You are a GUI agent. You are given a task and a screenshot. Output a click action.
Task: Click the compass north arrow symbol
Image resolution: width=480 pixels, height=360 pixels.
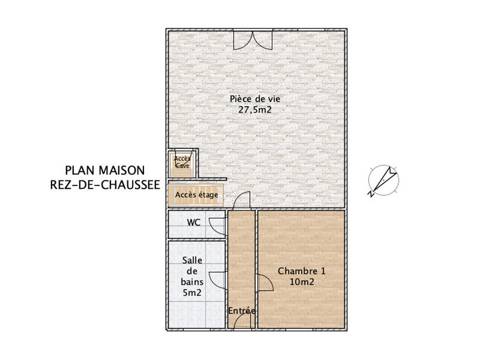click(x=383, y=181)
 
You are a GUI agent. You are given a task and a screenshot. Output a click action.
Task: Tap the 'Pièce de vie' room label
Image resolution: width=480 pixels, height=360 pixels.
click(x=255, y=99)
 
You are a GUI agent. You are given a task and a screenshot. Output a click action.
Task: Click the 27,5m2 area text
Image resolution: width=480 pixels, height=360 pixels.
click(x=255, y=110)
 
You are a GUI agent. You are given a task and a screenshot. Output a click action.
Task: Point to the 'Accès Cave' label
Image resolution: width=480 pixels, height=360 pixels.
click(x=182, y=162)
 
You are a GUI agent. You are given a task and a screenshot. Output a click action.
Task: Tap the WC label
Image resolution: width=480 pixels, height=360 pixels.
click(x=193, y=223)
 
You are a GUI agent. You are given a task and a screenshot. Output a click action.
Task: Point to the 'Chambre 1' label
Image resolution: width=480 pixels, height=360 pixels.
click(x=297, y=271)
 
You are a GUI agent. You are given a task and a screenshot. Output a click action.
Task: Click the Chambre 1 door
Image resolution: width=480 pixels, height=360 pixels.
click(x=263, y=282)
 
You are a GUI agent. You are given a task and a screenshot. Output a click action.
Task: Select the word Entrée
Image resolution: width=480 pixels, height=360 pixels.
click(x=242, y=311)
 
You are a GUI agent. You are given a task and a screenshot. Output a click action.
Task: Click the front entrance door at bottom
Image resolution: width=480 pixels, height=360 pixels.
click(x=242, y=322)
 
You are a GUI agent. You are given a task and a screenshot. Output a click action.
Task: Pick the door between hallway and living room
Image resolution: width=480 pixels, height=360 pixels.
click(x=242, y=200)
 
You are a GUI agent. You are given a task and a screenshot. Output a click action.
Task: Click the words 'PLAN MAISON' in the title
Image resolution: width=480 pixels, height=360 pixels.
click(x=104, y=171)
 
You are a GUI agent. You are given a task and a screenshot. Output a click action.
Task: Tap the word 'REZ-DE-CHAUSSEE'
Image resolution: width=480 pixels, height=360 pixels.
click(x=106, y=185)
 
